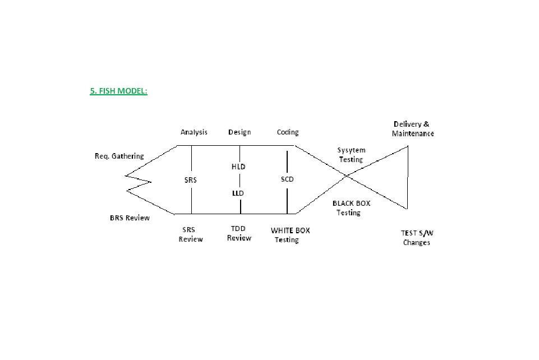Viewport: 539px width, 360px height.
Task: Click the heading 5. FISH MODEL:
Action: [x=118, y=91]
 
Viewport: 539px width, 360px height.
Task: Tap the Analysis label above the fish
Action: [x=194, y=132]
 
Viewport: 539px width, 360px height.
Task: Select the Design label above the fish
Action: [x=239, y=132]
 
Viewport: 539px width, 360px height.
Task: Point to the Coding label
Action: [x=288, y=132]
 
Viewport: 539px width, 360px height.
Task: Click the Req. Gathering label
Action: [x=119, y=156]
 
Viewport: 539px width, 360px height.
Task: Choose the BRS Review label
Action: [x=130, y=218]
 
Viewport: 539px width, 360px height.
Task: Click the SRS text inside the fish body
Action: [x=191, y=181]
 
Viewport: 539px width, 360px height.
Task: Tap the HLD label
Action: [x=238, y=167]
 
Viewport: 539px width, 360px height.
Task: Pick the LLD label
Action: [x=238, y=193]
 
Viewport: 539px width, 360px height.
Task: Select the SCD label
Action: [x=287, y=179]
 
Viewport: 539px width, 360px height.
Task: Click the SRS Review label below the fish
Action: [x=191, y=234]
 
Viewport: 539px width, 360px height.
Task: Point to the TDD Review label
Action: [x=239, y=233]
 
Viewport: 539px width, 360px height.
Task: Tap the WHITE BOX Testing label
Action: [x=289, y=235]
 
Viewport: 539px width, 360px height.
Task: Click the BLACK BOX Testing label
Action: [x=351, y=208]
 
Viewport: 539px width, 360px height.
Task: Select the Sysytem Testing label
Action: [x=351, y=155]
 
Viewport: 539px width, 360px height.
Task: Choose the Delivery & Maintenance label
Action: [x=413, y=129]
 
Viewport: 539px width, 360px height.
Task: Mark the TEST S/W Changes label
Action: [x=417, y=238]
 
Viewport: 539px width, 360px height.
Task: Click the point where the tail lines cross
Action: [x=346, y=176]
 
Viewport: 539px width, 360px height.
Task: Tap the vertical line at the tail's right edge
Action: [x=407, y=177]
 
